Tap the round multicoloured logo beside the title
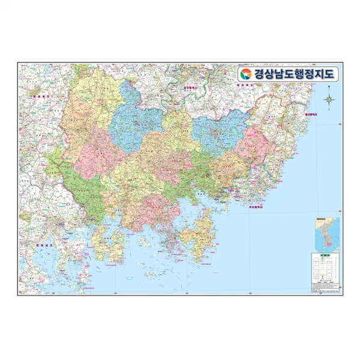(x=245, y=74)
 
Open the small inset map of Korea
(x=325, y=234)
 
